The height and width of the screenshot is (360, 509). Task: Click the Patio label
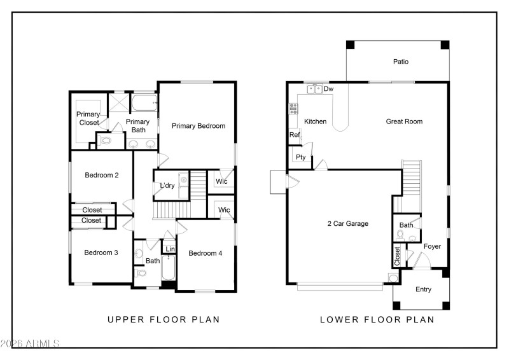[x=400, y=62]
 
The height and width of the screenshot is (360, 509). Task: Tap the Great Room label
[x=404, y=121]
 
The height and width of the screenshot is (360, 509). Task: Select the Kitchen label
[x=315, y=121]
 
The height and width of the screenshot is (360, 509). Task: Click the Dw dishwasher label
[x=328, y=90]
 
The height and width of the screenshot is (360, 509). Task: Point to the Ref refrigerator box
[x=294, y=135]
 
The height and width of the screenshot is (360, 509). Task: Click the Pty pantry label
[x=300, y=157]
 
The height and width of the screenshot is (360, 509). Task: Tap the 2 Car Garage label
[x=347, y=224]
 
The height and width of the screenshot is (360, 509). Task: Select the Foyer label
[x=432, y=247]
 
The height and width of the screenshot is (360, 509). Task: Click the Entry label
[x=423, y=289]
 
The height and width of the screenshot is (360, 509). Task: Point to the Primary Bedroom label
[x=199, y=126]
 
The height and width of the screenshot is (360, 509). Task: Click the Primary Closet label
[x=88, y=119]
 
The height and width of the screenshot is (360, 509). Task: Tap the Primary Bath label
[x=137, y=126]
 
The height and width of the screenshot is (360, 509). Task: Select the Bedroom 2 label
[x=102, y=175]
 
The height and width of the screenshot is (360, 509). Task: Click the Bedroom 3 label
[x=101, y=253]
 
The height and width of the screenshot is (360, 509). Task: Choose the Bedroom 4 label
[x=206, y=253]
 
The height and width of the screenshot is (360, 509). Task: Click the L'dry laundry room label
[x=167, y=186]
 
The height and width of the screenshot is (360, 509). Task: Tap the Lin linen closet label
[x=170, y=249]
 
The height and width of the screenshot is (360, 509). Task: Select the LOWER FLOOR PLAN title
[x=377, y=320]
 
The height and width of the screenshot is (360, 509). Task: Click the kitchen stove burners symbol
[x=293, y=109]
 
